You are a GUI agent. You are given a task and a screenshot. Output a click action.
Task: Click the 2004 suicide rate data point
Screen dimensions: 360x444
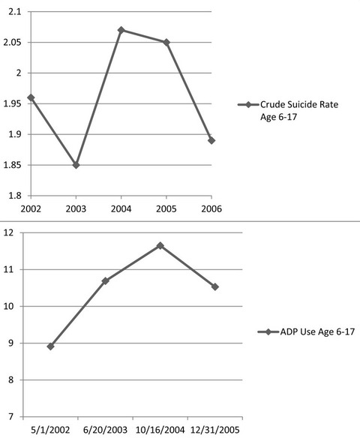[121, 30]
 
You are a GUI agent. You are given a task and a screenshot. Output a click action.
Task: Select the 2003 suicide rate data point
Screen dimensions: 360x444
[76, 165]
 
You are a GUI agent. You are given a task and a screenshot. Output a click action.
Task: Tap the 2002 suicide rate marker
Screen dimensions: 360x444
[31, 97]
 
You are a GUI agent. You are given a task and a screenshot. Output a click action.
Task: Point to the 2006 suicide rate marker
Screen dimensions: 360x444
[211, 140]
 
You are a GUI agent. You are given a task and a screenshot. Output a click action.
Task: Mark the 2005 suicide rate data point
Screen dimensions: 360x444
[166, 43]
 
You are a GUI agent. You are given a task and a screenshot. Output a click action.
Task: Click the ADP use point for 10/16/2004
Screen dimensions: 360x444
[160, 245]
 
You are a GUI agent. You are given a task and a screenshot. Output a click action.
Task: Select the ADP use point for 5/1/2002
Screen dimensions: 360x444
[51, 346]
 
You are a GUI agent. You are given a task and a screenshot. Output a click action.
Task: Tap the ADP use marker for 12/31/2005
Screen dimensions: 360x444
[215, 286]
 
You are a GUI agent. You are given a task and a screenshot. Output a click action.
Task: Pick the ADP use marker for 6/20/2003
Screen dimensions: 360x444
[105, 281]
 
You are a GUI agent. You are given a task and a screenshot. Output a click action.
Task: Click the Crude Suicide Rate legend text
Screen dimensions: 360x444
[299, 110]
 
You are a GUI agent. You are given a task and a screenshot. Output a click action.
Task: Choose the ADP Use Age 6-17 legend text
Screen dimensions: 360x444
[317, 331]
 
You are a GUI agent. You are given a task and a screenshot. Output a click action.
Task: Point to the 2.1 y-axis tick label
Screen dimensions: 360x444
[15, 11]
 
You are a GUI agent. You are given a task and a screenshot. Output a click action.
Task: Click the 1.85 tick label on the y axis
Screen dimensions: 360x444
[12, 165]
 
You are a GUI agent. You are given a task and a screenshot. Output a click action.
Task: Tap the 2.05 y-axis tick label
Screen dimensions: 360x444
[12, 43]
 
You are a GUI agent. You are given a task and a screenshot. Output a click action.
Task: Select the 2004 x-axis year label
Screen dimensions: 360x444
[121, 209]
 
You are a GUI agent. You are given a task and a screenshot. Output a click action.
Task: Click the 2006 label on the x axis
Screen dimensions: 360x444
[211, 209]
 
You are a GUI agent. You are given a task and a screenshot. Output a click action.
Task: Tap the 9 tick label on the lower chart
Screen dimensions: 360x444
[10, 343]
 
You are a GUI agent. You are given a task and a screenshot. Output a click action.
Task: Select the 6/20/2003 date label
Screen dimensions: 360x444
[105, 430]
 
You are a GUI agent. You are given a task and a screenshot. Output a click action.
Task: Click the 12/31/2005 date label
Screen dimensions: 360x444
[215, 430]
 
